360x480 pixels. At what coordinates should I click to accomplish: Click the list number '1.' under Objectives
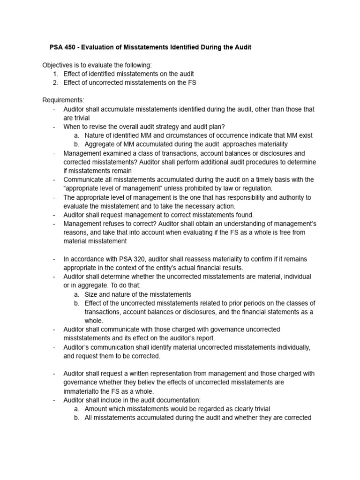pyautogui.click(x=55, y=74)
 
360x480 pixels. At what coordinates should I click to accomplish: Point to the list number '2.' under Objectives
pyautogui.click(x=55, y=82)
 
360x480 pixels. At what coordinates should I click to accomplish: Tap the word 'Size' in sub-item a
pyautogui.click(x=91, y=294)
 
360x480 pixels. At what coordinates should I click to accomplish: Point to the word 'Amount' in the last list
pyautogui.click(x=96, y=409)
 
